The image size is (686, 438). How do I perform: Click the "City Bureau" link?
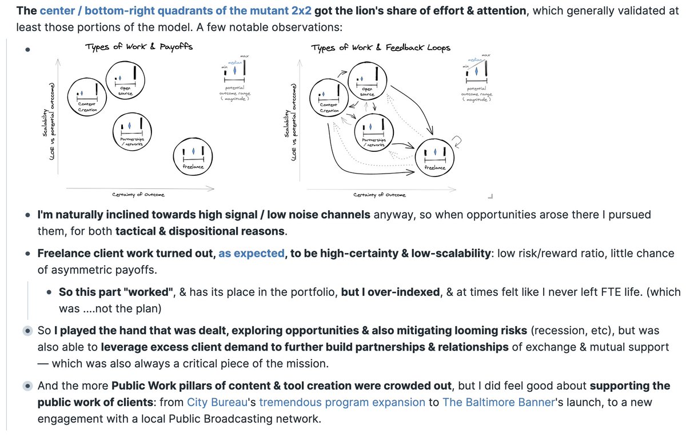[x=220, y=402]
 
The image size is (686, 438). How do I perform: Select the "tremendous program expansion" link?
[x=342, y=402]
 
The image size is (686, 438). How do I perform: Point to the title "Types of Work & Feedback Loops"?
[x=381, y=47]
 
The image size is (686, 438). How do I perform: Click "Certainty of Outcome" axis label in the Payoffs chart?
[x=139, y=195]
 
